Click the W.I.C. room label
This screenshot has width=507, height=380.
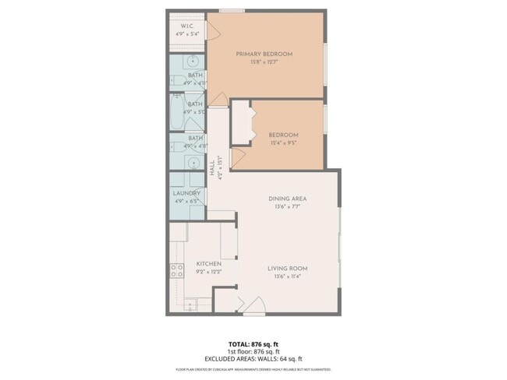tap(188, 26)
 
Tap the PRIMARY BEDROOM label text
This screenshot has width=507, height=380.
tap(264, 54)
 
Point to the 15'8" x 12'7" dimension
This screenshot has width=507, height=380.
tap(264, 62)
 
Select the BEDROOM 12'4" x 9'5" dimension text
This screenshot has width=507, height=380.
tap(284, 142)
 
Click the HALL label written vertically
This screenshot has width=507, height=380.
tap(212, 169)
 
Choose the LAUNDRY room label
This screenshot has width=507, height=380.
tap(187, 192)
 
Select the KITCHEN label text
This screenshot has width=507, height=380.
tap(208, 264)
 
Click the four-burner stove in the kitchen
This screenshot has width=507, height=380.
tap(177, 271)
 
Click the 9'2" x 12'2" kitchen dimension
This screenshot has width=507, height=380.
tap(208, 273)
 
